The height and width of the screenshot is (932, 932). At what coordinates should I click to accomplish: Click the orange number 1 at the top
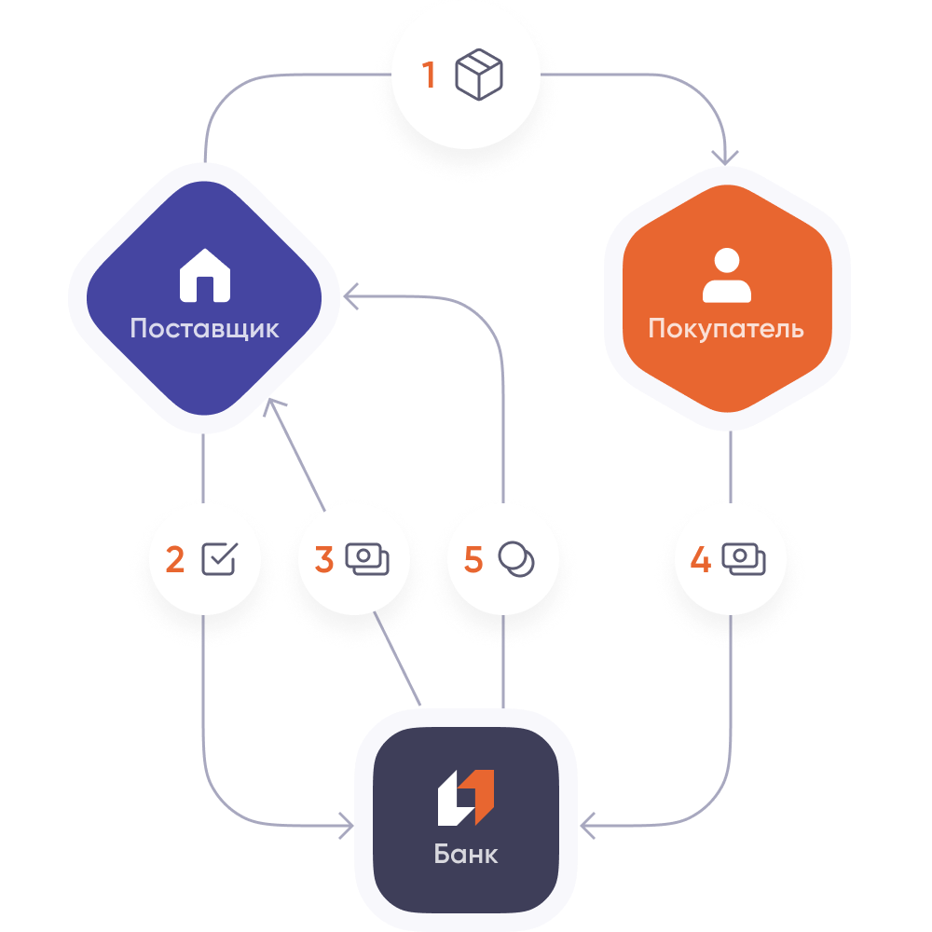429,75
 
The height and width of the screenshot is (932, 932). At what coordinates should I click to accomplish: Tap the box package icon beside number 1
479,75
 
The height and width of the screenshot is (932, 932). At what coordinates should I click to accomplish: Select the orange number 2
174,560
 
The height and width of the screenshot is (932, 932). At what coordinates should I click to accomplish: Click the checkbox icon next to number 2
220,559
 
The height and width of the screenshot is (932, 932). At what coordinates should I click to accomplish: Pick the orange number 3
323,560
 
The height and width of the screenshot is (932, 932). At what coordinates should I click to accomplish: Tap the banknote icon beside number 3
367,559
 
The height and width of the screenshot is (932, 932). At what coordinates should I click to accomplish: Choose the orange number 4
700,560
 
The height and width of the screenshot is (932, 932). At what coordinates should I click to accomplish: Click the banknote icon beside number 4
744,559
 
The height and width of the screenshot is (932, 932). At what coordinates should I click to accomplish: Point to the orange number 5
473,560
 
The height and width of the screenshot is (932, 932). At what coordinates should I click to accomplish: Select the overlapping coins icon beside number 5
516,559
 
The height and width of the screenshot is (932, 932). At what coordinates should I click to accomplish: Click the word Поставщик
204,329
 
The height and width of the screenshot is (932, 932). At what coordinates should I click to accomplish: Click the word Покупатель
726,329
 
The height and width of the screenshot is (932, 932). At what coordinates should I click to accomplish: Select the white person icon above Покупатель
726,277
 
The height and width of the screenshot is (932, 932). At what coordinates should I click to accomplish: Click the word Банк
466,854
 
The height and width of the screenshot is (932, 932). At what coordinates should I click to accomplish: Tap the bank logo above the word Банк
466,798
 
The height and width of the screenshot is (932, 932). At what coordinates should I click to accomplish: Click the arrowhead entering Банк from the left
348,825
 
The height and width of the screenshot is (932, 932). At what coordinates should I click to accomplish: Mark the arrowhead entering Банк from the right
586,825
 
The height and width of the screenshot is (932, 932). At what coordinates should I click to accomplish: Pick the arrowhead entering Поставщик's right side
349,297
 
